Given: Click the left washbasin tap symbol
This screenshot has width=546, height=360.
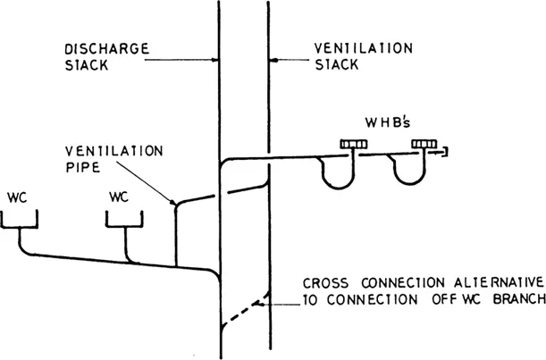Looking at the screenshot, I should pos(351,143).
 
